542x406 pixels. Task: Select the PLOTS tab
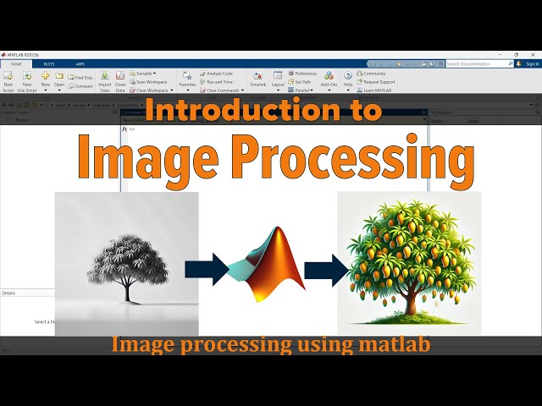click(49, 63)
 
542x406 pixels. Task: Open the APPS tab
click(80, 63)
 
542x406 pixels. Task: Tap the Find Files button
click(81, 77)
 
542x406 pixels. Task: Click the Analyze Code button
click(218, 74)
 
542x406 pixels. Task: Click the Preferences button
click(302, 74)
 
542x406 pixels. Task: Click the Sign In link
click(531, 63)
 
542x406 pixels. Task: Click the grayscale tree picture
click(127, 263)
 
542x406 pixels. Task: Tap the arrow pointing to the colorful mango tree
click(325, 271)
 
